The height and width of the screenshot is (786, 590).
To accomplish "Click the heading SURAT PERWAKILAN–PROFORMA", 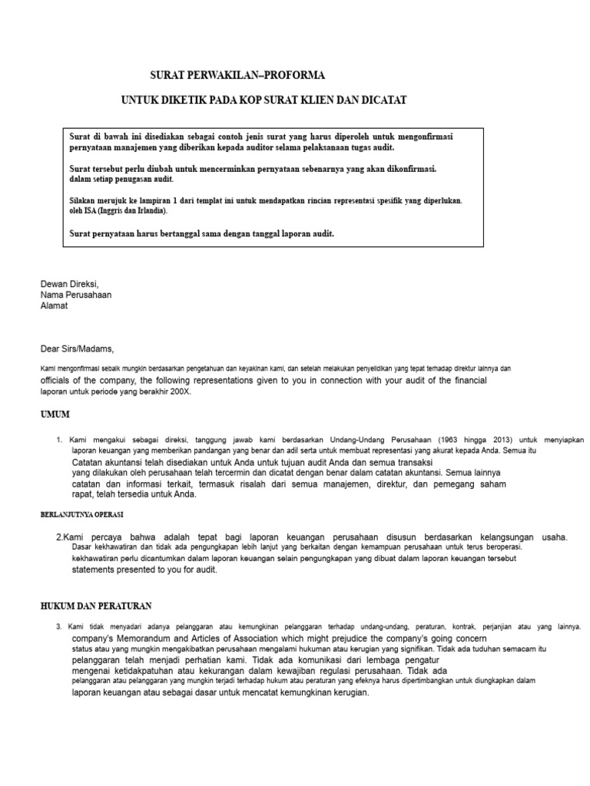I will (x=237, y=75).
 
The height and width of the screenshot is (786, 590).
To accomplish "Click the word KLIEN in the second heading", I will (x=311, y=101).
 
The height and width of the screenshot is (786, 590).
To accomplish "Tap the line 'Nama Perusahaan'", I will (x=75, y=295).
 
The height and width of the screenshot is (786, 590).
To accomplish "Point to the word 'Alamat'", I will (x=54, y=305).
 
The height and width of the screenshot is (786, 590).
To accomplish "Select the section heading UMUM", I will (x=55, y=414).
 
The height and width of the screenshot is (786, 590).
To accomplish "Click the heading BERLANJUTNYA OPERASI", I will (x=82, y=514).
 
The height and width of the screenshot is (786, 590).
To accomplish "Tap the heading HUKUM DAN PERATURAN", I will (x=96, y=606).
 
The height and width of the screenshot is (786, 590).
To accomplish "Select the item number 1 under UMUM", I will (x=58, y=441).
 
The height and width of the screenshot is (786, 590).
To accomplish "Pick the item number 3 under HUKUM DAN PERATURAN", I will (x=58, y=627).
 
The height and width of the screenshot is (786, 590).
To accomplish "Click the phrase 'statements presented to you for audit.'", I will (x=145, y=570).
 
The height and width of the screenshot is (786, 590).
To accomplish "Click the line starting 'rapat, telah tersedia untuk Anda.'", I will (x=134, y=494).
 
